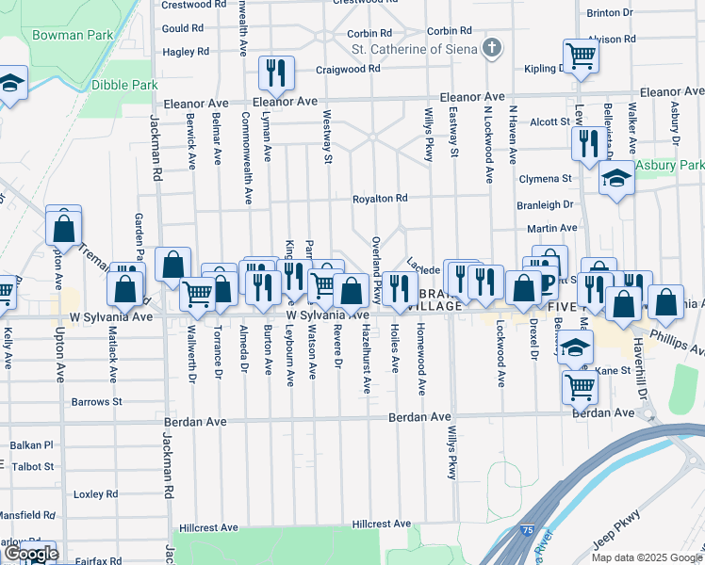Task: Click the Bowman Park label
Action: (73, 35)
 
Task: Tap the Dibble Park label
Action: (124, 85)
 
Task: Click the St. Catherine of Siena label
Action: (415, 48)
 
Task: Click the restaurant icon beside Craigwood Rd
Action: (276, 72)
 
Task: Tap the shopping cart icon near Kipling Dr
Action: (581, 56)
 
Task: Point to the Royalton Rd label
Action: (379, 199)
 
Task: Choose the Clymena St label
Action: (546, 179)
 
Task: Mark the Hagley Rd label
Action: (184, 53)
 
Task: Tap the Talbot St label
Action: (33, 466)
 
